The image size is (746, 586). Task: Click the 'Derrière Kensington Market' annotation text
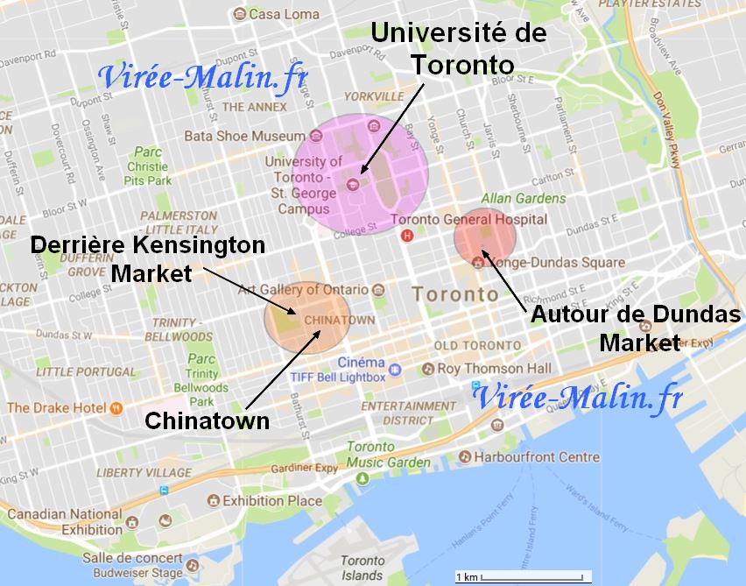[148, 259]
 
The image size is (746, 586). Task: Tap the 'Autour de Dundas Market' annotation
[636, 328]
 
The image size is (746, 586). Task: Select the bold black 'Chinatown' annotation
[207, 420]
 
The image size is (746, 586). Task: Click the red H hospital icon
[406, 235]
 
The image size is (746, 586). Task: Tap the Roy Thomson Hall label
[494, 369]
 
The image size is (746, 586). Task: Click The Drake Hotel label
[56, 407]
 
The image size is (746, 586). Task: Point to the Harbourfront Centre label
[536, 456]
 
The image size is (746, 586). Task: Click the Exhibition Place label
[272, 501]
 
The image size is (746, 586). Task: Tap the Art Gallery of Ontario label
[303, 289]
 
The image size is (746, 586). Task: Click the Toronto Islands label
[362, 568]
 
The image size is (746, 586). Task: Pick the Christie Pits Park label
[147, 166]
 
